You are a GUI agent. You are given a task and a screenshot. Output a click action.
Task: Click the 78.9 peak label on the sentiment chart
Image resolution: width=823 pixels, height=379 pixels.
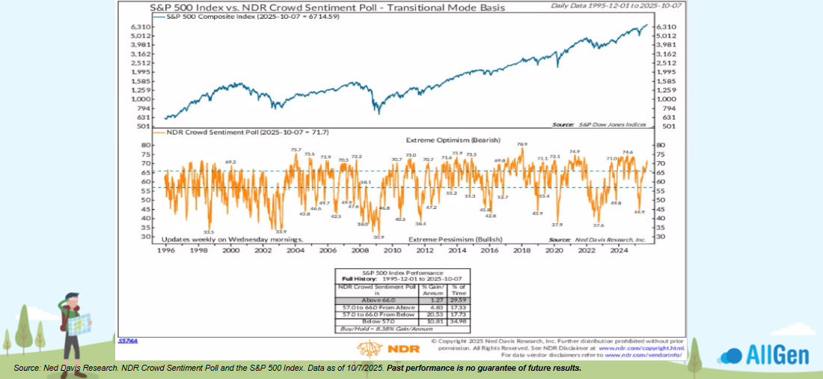[x=521, y=144]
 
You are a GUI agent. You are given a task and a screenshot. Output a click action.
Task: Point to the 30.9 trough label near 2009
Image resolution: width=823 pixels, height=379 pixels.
[x=379, y=237]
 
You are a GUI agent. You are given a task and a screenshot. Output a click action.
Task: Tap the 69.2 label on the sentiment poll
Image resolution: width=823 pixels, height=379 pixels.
[x=230, y=162]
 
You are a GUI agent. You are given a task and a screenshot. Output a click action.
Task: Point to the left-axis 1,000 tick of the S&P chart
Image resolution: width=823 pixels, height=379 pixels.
[x=143, y=99]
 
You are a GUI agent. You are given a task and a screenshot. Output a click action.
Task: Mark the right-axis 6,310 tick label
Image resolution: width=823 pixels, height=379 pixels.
[x=667, y=27]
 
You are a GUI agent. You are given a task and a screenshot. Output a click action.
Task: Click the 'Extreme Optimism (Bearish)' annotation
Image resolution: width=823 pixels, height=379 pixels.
[x=444, y=140]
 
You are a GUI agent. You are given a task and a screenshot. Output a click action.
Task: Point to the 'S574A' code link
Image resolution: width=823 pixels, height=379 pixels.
[x=127, y=341]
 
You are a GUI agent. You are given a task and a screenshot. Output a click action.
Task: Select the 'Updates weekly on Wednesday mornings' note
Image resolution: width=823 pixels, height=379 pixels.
[x=233, y=239]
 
